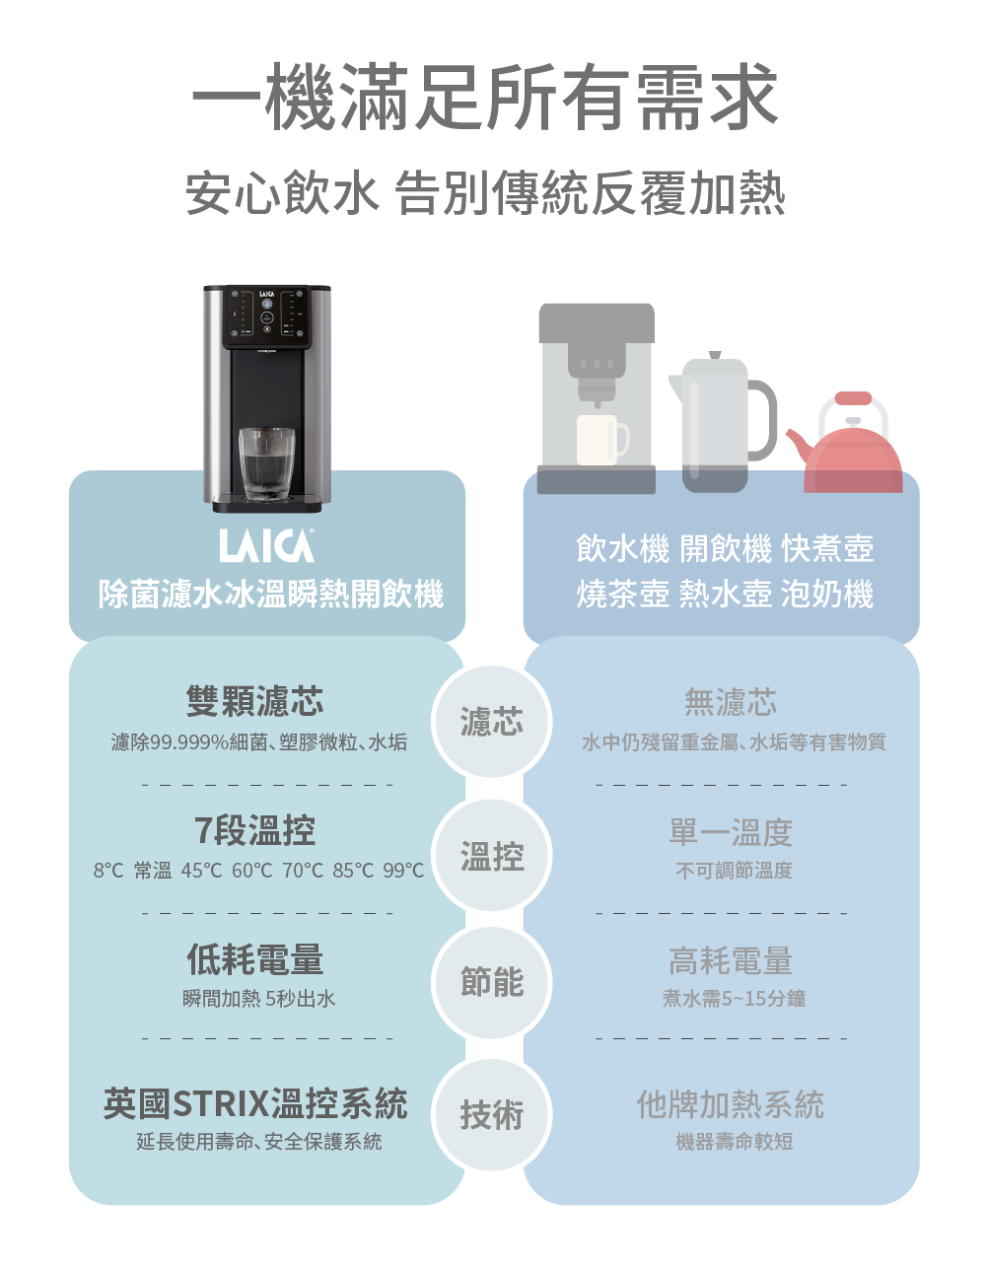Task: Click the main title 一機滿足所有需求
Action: click(484, 97)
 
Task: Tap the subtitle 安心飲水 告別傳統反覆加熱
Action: click(486, 193)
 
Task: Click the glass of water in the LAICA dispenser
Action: click(266, 464)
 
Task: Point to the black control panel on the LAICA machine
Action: click(267, 317)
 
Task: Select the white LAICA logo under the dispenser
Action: click(266, 546)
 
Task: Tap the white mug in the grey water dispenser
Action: click(601, 440)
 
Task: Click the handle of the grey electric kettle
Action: click(763, 420)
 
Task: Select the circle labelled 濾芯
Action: click(492, 721)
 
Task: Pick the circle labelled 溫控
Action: click(492, 856)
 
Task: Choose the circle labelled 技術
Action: click(492, 1115)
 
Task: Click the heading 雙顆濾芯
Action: click(254, 701)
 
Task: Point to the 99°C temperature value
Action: click(403, 871)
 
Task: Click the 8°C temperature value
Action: click(108, 871)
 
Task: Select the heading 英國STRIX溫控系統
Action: click(255, 1103)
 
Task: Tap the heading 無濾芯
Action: click(731, 701)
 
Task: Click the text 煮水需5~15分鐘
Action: click(735, 999)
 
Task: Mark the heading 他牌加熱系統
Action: click(731, 1104)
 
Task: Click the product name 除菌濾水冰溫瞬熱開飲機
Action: click(271, 594)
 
